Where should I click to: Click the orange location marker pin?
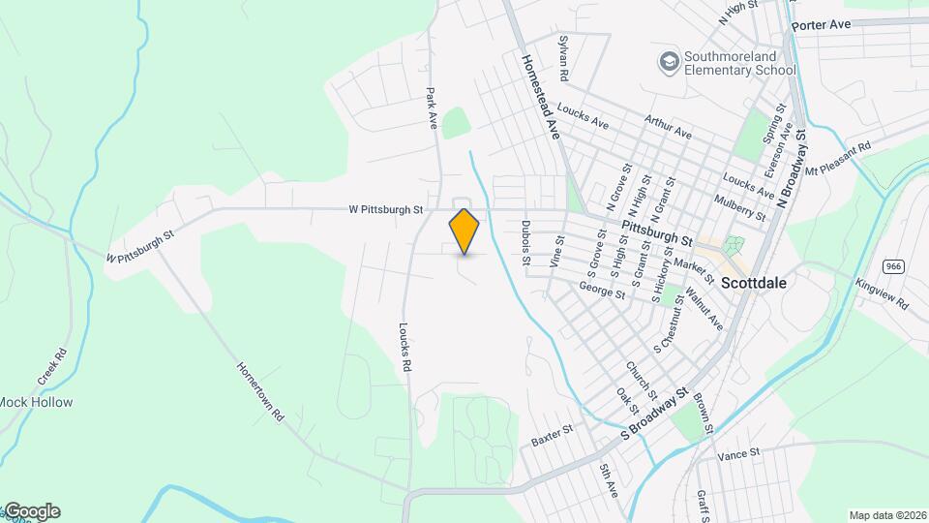[x=464, y=231]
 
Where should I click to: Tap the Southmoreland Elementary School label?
[x=739, y=63]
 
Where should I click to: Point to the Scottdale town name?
[x=754, y=284]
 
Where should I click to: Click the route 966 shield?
[x=893, y=265]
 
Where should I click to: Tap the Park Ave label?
[x=433, y=109]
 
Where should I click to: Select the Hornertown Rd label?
[x=261, y=391]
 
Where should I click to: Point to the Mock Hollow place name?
[x=36, y=402]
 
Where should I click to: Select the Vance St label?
[x=738, y=451]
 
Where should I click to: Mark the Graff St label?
[x=703, y=505]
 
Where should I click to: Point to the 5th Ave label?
[x=607, y=481]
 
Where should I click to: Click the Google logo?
[x=32, y=511]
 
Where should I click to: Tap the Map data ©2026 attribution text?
[x=886, y=515]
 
